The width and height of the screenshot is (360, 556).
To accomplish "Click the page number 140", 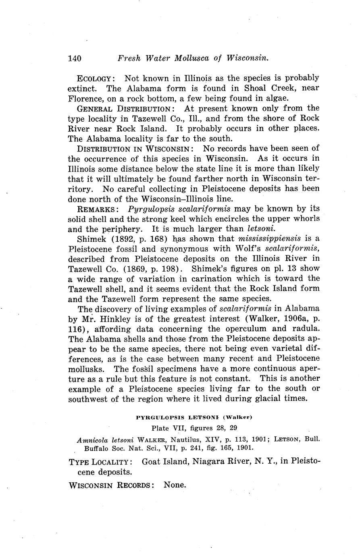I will coord(75,58).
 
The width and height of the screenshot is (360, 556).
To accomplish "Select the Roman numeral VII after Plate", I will coord(179,427).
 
